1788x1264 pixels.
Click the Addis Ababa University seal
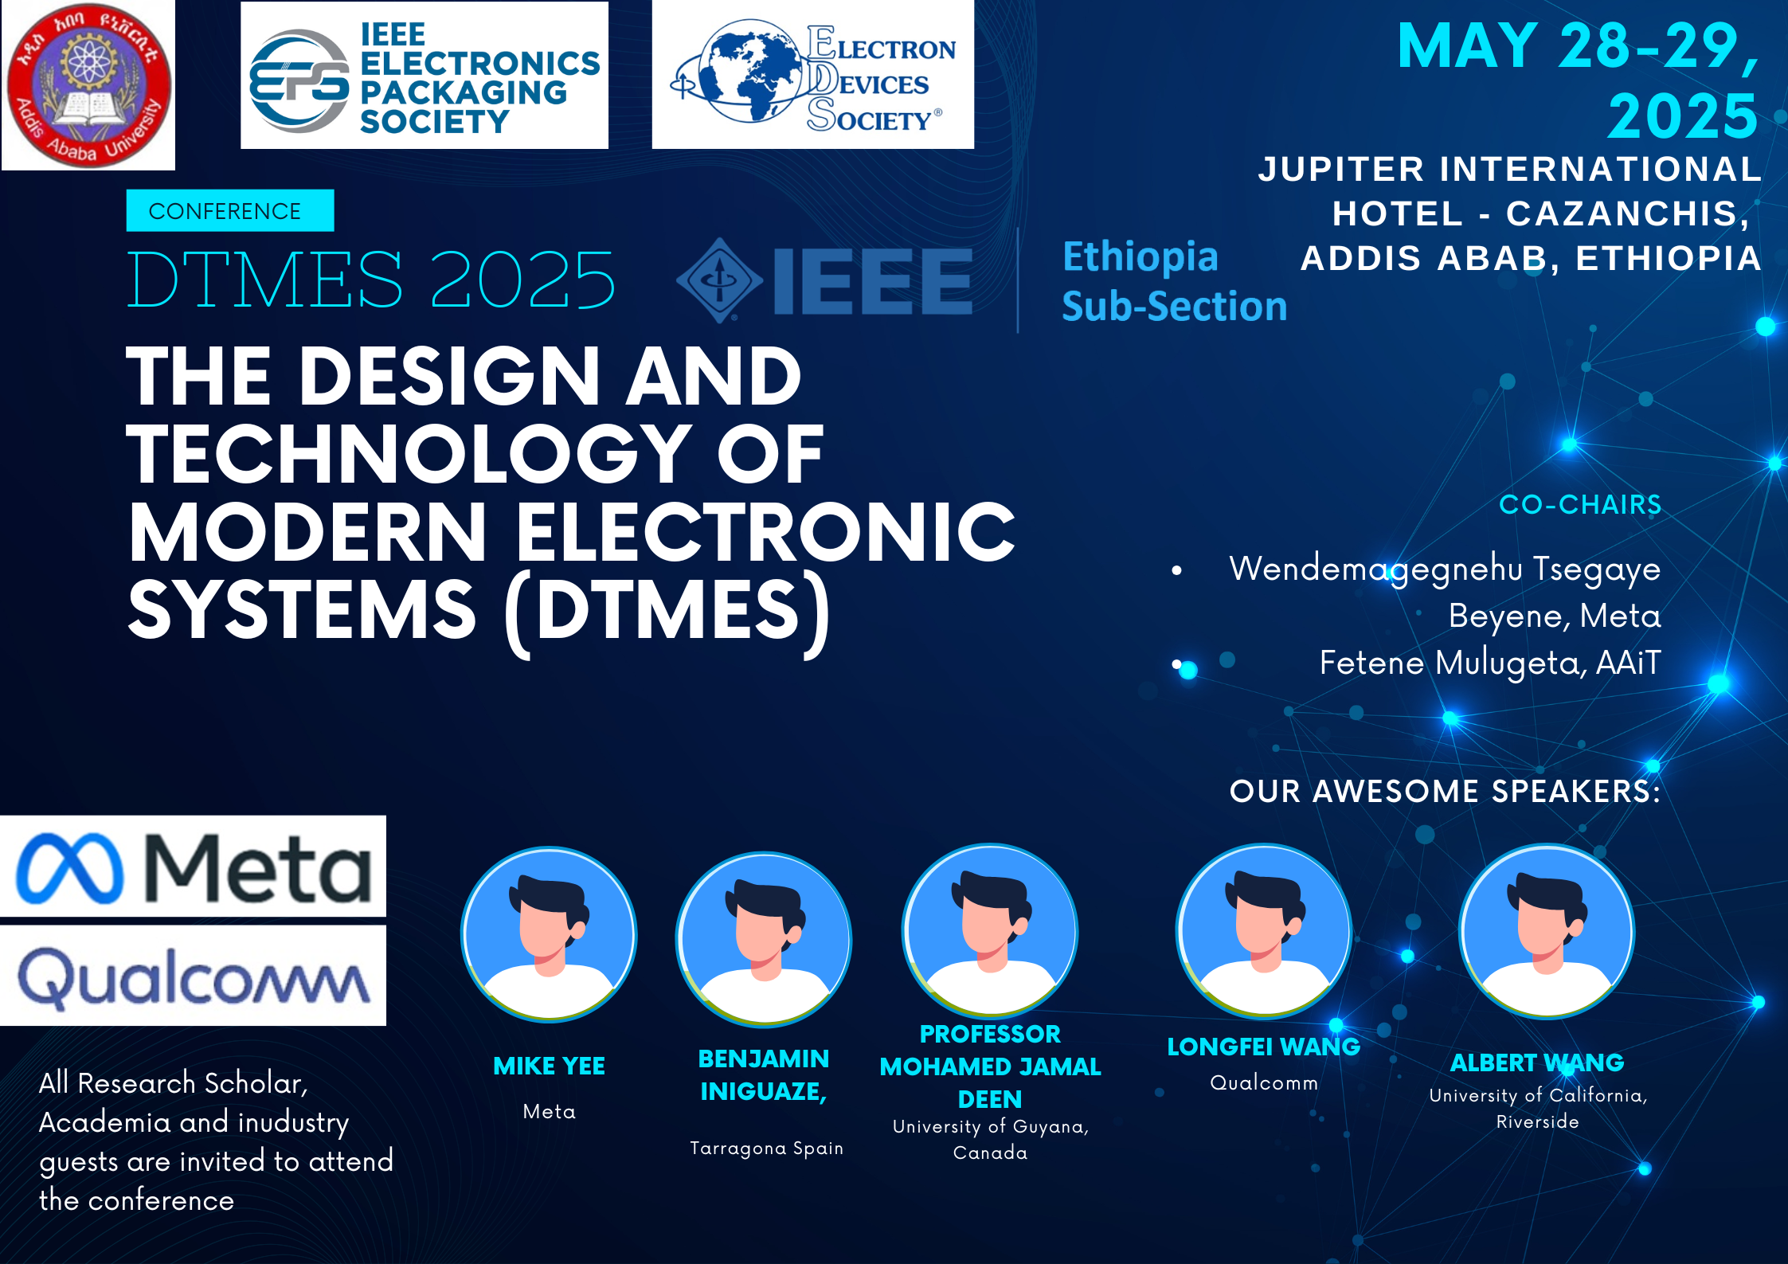coord(88,84)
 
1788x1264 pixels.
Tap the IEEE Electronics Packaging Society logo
coord(425,76)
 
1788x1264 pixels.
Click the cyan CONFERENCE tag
coord(229,211)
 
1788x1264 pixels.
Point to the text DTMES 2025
coord(371,279)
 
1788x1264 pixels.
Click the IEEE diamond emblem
coord(719,280)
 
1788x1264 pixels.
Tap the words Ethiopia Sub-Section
coord(1174,281)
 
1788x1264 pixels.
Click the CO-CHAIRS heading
coord(1580,504)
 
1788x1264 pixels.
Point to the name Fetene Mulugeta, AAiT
coord(1490,663)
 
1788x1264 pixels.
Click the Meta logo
coord(193,867)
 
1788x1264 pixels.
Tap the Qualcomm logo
coord(193,976)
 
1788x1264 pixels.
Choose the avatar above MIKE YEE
coord(549,934)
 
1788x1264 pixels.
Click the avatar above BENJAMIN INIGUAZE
coord(764,940)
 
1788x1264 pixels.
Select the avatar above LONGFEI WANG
coord(1264,931)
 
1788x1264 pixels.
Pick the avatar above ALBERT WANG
coord(1547,931)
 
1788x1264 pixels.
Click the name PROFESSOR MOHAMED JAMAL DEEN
coord(990,1066)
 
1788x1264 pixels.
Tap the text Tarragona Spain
coord(766,1148)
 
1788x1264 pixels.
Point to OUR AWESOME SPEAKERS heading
coord(1446,791)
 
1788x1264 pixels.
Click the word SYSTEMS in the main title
coord(303,610)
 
